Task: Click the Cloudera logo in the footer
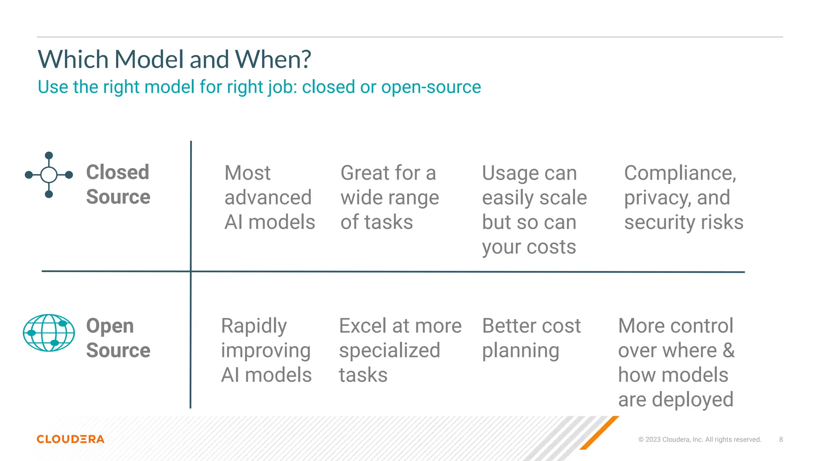coord(70,439)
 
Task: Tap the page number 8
coord(781,439)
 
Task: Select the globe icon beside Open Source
coord(49,333)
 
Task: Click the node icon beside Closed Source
coord(49,175)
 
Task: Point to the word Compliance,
coord(680,174)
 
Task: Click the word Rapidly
coord(254,327)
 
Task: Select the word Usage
coord(509,174)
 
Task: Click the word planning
coord(521,351)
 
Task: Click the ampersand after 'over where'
coord(729,351)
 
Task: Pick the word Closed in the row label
coord(118,172)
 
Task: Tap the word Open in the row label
coord(110,326)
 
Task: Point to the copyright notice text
coord(699,439)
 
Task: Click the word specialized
coord(389,351)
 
